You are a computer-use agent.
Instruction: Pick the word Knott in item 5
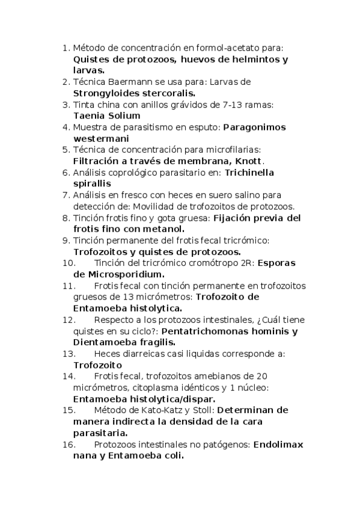point(248,161)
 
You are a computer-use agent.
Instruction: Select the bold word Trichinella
point(249,173)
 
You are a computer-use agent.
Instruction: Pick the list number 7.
point(66,195)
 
